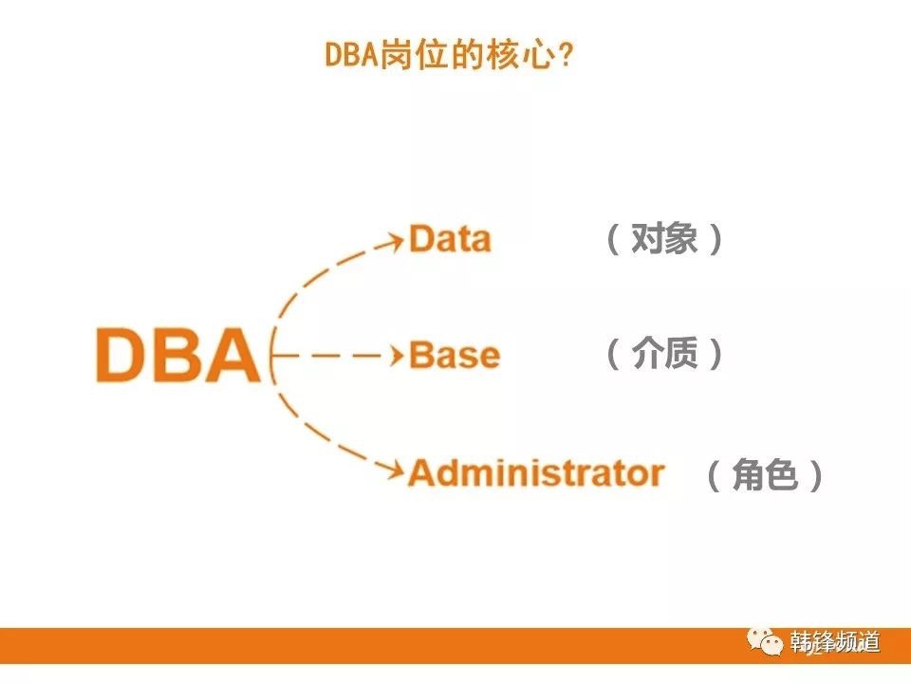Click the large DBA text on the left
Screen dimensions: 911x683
[x=178, y=355]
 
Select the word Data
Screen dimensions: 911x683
[x=450, y=238]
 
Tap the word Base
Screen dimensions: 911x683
[x=455, y=355]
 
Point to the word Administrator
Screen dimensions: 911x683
[x=536, y=472]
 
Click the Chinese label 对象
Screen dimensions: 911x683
[x=664, y=238]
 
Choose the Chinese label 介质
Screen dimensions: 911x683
[x=664, y=353]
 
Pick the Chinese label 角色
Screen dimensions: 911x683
[x=765, y=474]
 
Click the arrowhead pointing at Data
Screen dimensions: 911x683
[x=394, y=240]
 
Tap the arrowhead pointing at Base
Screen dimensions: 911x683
[x=397, y=355]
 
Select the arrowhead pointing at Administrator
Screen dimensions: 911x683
[x=394, y=470]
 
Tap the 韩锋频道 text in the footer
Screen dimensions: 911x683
[x=834, y=642]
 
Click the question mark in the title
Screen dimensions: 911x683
[x=565, y=56]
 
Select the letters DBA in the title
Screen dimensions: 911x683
[x=351, y=56]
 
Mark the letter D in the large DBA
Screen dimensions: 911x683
[x=122, y=355]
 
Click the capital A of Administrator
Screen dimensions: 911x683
[x=423, y=472]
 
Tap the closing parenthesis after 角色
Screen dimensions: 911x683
[x=815, y=475]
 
